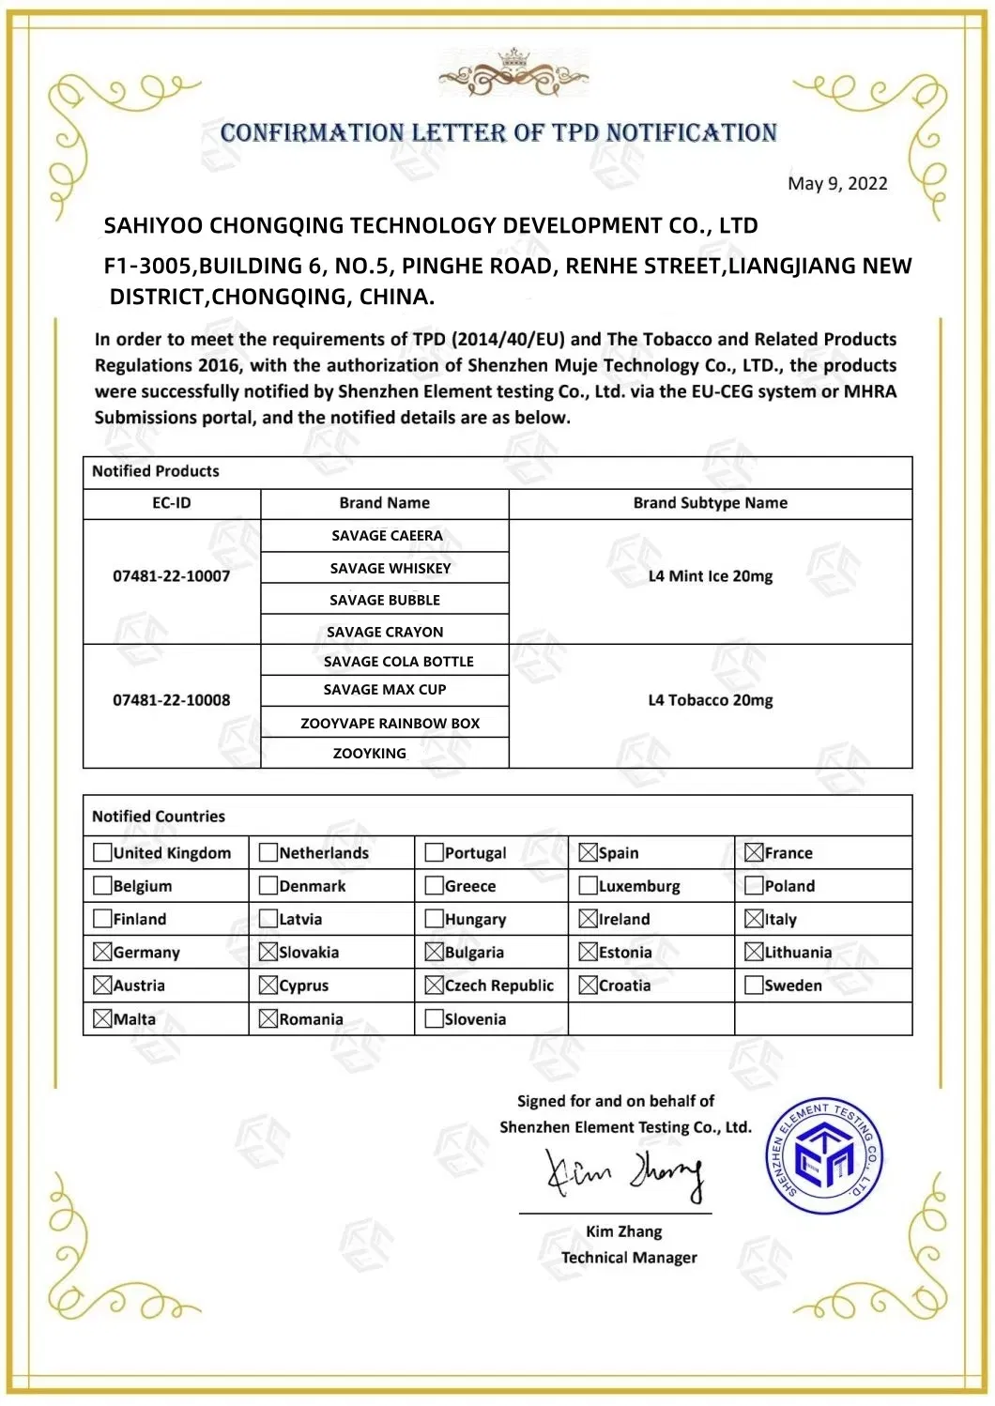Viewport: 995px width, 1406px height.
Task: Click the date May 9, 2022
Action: point(836,183)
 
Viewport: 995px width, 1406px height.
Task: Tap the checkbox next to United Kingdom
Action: point(102,852)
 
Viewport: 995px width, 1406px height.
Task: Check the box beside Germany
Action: point(102,952)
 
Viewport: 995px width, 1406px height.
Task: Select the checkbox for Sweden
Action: point(753,985)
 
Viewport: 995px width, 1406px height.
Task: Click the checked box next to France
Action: point(753,852)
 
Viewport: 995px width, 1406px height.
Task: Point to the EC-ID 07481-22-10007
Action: point(171,576)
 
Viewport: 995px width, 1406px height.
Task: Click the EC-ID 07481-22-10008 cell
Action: point(171,700)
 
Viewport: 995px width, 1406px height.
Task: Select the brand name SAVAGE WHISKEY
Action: point(390,568)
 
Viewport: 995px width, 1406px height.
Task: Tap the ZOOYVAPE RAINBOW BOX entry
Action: point(390,723)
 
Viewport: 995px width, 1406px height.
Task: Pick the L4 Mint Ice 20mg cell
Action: point(710,576)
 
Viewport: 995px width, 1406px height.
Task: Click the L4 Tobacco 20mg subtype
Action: point(710,700)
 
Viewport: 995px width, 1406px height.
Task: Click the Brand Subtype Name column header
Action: point(710,503)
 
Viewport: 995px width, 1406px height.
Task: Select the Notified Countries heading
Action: point(159,817)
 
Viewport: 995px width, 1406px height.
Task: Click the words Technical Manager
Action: point(629,1258)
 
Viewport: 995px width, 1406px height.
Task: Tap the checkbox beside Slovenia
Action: point(434,1018)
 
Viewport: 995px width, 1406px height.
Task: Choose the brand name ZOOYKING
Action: point(369,753)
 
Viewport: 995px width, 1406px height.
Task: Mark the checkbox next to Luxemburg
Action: point(588,885)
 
